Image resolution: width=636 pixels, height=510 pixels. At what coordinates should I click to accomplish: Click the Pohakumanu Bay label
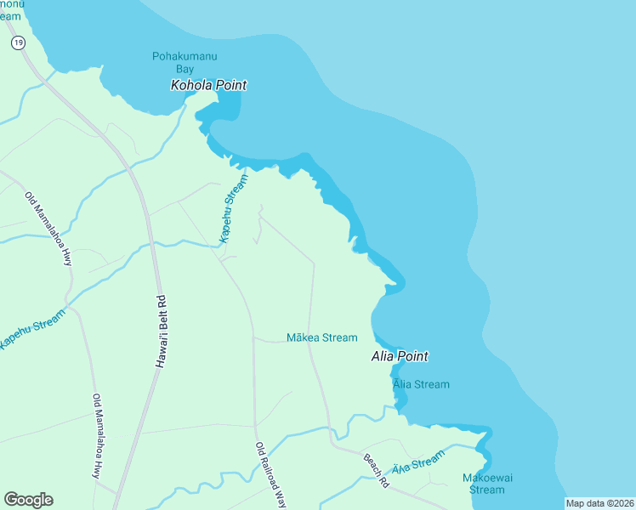click(185, 62)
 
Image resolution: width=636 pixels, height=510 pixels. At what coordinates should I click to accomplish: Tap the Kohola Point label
click(208, 85)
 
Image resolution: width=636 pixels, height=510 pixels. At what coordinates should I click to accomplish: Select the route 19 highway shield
click(19, 42)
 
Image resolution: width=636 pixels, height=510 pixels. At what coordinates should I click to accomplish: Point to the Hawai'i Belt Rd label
click(160, 331)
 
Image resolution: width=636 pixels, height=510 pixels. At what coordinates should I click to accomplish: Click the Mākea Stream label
click(321, 337)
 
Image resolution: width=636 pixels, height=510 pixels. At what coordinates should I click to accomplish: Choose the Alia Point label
click(400, 356)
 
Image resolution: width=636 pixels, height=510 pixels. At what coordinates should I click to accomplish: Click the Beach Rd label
click(376, 471)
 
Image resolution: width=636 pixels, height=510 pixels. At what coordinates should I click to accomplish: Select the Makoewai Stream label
click(487, 484)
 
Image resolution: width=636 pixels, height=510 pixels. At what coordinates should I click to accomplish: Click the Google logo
click(28, 500)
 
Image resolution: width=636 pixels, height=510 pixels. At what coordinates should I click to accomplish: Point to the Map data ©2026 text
click(599, 503)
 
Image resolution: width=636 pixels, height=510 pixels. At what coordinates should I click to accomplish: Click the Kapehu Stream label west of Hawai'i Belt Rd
click(31, 328)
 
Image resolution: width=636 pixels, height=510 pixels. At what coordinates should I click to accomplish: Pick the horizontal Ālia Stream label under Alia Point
click(421, 384)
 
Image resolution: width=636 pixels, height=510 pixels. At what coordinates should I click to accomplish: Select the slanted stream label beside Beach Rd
click(417, 462)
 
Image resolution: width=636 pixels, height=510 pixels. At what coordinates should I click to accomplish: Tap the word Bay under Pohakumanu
click(185, 69)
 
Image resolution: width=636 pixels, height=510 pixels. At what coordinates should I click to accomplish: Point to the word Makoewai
click(487, 478)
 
